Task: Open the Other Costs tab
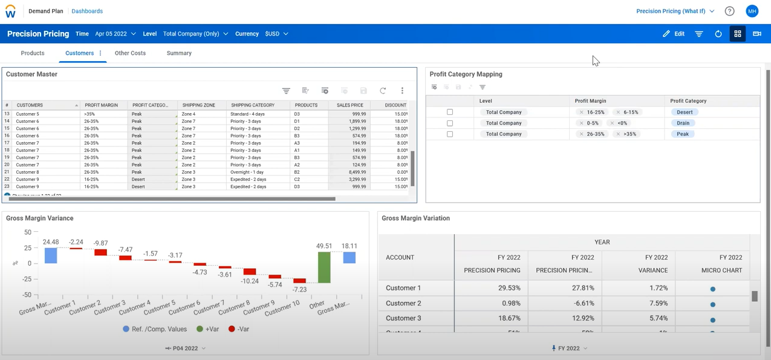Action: tap(130, 53)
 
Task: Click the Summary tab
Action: tap(179, 53)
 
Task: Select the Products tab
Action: tap(33, 53)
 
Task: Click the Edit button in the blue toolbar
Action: tap(674, 34)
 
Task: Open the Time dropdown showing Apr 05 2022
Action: tap(115, 34)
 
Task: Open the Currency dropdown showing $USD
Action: tap(276, 34)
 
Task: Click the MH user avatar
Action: tap(752, 11)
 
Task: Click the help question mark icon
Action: tap(729, 11)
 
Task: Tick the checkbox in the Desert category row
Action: tap(450, 112)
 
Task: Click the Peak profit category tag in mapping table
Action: tap(683, 134)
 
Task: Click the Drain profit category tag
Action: tap(683, 123)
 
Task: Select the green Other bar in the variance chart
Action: tap(324, 267)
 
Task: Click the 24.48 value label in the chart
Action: tap(51, 242)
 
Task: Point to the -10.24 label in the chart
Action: tap(250, 281)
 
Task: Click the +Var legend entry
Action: tap(207, 329)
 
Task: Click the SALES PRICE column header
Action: tap(350, 105)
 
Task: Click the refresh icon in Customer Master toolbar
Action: tap(383, 91)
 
